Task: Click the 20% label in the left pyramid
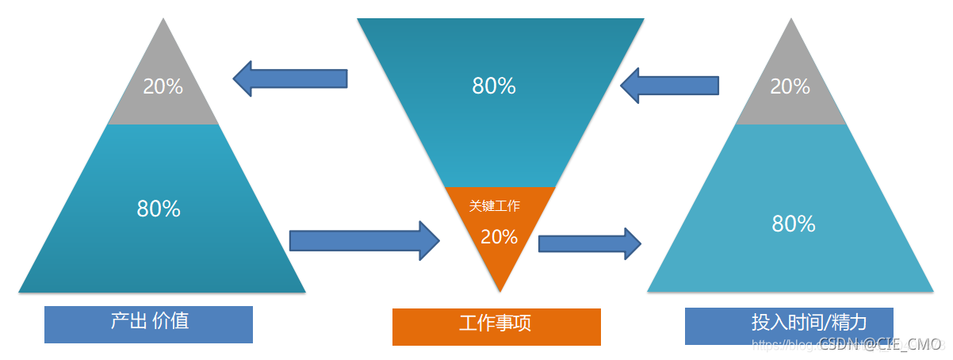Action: (x=163, y=86)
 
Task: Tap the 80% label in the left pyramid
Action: (x=159, y=209)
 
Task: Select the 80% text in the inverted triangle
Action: (x=494, y=86)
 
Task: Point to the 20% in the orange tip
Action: (x=499, y=236)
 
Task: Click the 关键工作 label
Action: (x=495, y=206)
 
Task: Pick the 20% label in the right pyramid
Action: (x=790, y=86)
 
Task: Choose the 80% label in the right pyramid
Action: (x=794, y=224)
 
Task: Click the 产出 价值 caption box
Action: (x=148, y=324)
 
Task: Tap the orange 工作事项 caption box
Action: (x=496, y=327)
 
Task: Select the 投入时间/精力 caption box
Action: (x=789, y=325)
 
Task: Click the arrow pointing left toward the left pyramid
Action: (x=290, y=79)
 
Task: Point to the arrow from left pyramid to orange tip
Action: (x=365, y=240)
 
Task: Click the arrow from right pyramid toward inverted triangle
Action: (x=670, y=84)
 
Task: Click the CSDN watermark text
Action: (x=880, y=344)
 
